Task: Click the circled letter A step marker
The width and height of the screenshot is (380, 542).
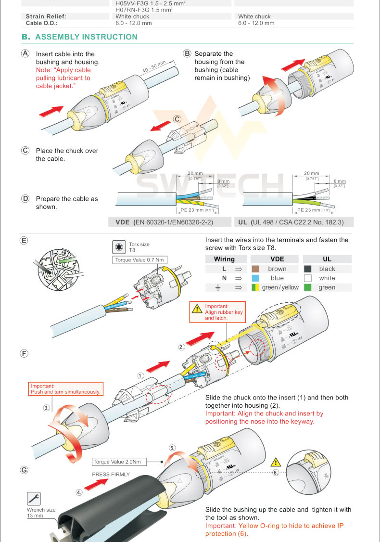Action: [x=25, y=53]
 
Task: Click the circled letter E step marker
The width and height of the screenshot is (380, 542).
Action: [x=24, y=240]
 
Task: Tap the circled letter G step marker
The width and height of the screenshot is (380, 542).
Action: [x=24, y=470]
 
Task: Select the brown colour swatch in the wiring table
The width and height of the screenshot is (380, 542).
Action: [x=255, y=269]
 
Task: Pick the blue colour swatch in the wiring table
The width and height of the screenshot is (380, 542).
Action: [x=255, y=278]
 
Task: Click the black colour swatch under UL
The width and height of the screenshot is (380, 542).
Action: [x=308, y=269]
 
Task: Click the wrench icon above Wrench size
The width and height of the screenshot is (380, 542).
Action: [x=34, y=498]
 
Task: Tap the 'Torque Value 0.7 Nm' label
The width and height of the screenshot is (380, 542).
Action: [x=140, y=260]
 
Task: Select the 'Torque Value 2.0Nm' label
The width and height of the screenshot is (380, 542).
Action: [x=117, y=462]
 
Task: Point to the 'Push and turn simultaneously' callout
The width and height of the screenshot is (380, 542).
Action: [x=65, y=389]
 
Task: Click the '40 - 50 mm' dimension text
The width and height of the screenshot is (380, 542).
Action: [x=154, y=67]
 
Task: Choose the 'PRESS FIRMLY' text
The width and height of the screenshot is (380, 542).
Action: [x=111, y=474]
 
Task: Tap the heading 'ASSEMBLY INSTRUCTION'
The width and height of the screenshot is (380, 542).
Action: [x=86, y=37]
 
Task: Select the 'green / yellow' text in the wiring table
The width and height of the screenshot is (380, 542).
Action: [x=280, y=287]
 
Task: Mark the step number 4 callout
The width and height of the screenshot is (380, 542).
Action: [x=79, y=492]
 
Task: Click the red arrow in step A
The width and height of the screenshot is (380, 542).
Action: [x=51, y=111]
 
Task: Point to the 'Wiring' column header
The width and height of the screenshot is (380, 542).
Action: [x=224, y=259]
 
